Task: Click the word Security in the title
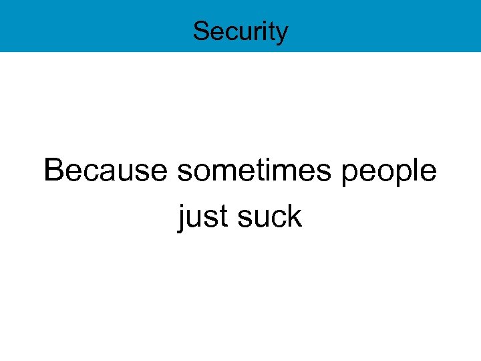(x=240, y=31)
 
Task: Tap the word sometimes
(x=255, y=170)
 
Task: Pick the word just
(x=200, y=217)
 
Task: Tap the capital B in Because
(x=53, y=170)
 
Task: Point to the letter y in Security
(x=283, y=33)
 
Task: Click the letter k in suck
(x=295, y=216)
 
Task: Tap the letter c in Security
(x=226, y=32)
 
